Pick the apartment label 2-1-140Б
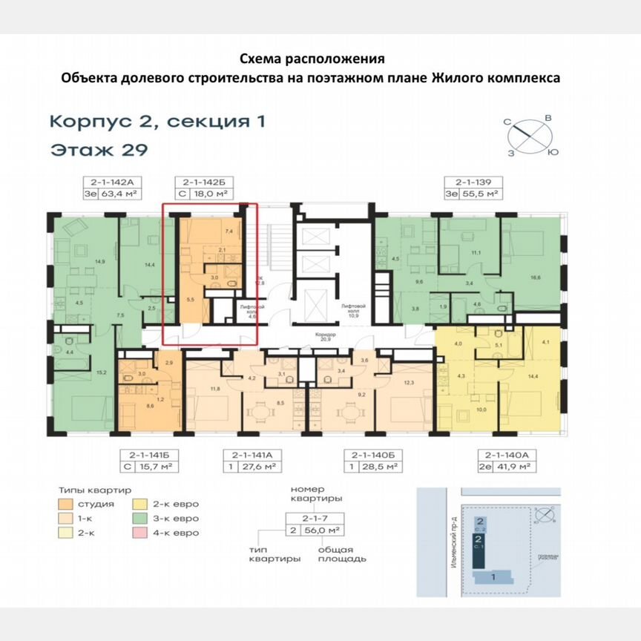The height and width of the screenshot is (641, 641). (365, 454)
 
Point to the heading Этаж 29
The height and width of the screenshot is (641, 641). (99, 150)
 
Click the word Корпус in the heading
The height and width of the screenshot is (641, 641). (85, 121)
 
